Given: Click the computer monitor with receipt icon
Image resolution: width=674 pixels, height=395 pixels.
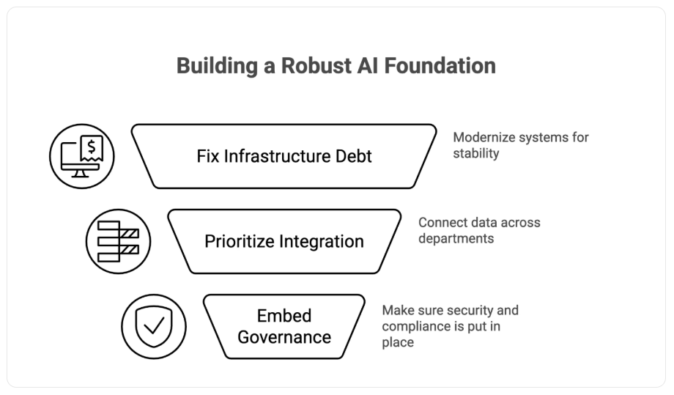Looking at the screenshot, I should [x=82, y=156].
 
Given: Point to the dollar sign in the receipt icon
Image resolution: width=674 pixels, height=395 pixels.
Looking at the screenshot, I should [x=92, y=146].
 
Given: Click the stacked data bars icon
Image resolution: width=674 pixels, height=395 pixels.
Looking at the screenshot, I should [x=118, y=241].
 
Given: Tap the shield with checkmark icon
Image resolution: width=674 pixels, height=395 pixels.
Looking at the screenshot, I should [x=154, y=326].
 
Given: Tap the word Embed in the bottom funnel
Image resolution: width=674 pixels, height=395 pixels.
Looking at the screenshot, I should [x=284, y=316].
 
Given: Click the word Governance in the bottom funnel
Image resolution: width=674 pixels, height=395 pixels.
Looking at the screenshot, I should [x=284, y=337].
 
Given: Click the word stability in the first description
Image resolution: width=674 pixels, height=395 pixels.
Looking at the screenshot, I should [x=476, y=154].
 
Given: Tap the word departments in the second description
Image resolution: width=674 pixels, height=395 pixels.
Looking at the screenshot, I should [x=456, y=239].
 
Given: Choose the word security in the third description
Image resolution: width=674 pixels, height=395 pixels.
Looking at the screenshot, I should [x=469, y=310].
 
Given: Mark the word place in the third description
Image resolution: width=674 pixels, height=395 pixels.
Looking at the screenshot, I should [x=398, y=342].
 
